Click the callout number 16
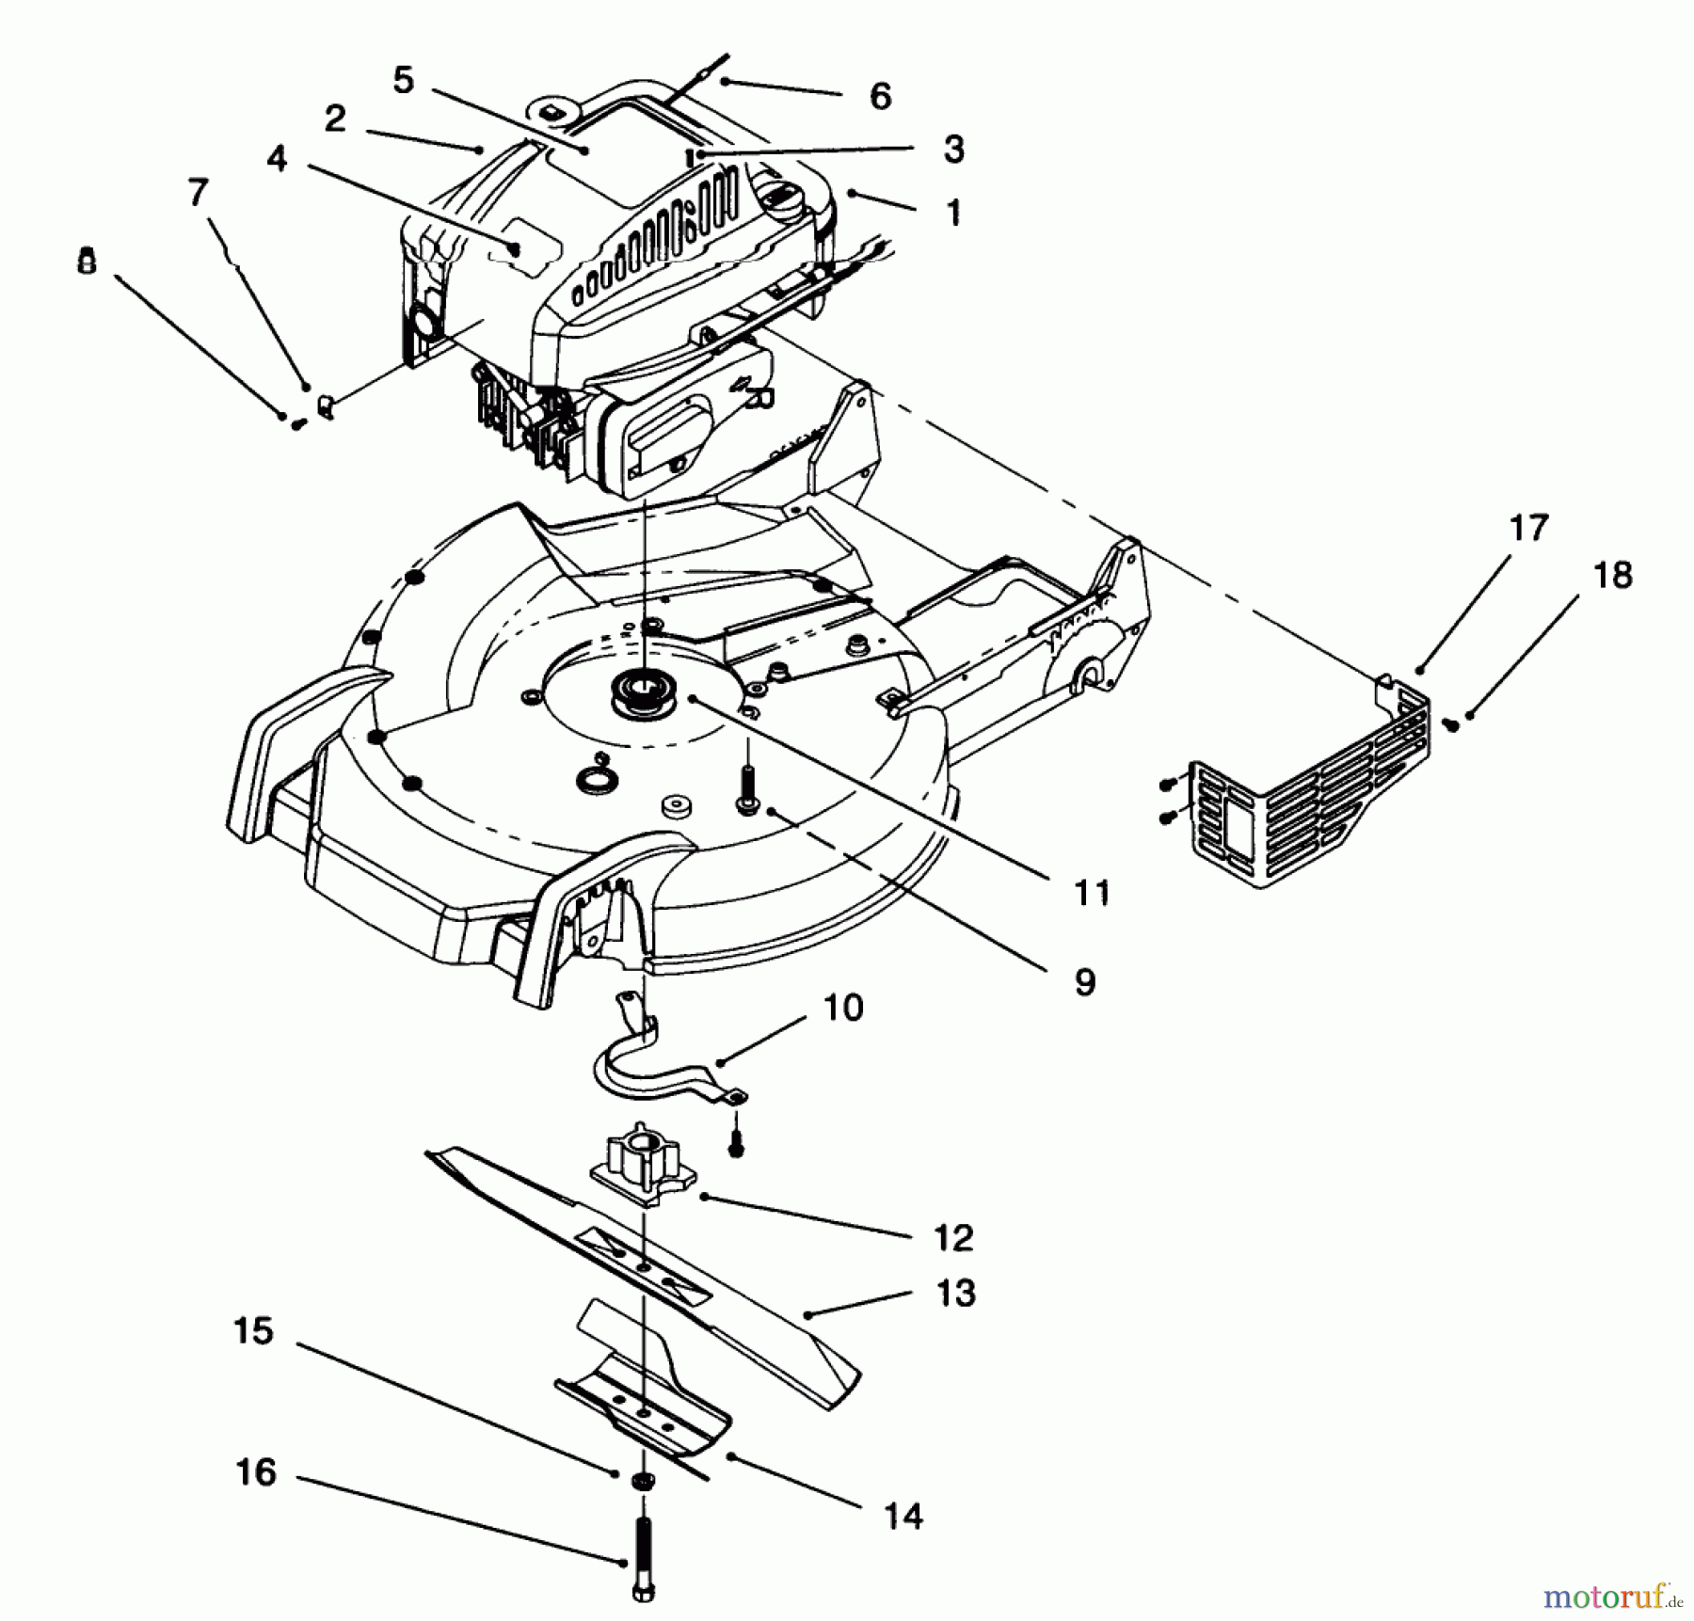click(x=256, y=1471)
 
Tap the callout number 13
click(x=956, y=1293)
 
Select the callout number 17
click(x=1528, y=528)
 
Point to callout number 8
click(x=87, y=261)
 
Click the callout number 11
click(x=1092, y=892)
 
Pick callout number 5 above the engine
click(x=403, y=80)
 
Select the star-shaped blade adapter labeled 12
click(x=641, y=1167)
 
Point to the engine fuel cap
click(x=777, y=199)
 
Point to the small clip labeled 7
click(x=327, y=407)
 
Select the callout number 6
click(x=880, y=95)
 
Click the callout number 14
click(x=903, y=1516)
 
